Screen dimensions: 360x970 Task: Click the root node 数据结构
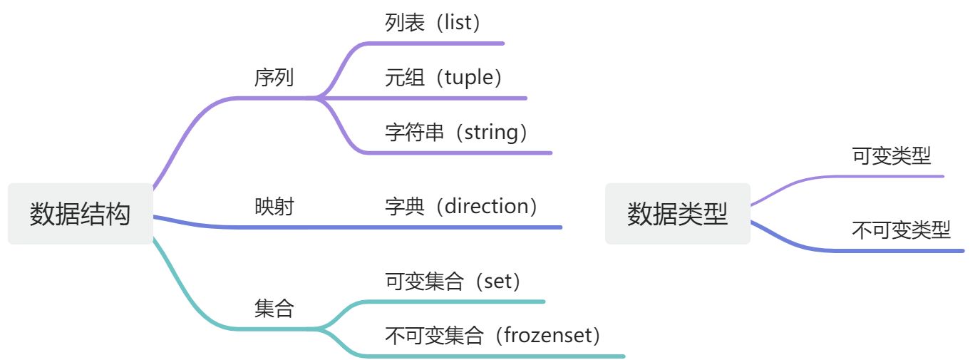point(81,214)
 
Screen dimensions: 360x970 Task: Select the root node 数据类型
point(678,214)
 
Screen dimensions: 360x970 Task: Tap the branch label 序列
point(274,78)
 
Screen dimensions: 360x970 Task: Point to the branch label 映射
point(274,207)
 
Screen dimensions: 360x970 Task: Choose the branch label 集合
point(274,309)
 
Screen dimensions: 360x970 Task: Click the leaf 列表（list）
point(433,23)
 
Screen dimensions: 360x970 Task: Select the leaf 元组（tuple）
point(444,78)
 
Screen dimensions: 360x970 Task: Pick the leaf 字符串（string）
point(457,133)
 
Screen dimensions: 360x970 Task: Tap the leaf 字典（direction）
point(461,207)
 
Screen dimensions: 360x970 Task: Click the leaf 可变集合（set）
point(453,282)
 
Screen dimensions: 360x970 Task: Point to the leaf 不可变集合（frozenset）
point(492,335)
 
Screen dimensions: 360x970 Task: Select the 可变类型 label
point(892,156)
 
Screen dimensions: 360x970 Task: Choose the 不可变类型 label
point(902,230)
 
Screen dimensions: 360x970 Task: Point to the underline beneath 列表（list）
point(442,43)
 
